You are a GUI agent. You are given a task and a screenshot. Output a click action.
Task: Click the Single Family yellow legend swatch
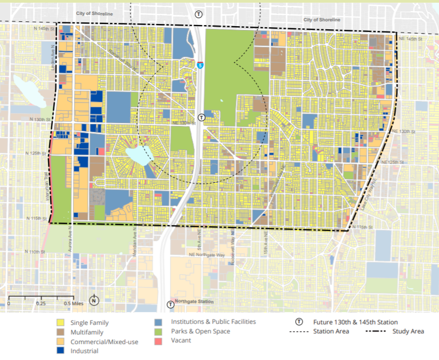(61, 323)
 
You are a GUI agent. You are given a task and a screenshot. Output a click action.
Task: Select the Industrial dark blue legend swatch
(61, 351)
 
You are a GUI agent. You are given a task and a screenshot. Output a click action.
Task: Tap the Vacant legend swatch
(158, 341)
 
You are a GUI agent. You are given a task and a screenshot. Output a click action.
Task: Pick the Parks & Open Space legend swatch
(158, 332)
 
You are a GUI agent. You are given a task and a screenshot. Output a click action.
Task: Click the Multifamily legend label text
(86, 332)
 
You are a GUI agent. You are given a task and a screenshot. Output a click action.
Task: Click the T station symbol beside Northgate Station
(170, 305)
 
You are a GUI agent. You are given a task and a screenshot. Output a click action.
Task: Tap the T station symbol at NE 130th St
(201, 117)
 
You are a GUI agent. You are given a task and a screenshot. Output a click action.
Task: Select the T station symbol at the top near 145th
(199, 13)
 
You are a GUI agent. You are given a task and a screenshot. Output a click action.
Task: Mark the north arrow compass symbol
(94, 300)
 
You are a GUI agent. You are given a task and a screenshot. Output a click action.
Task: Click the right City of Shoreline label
(322, 20)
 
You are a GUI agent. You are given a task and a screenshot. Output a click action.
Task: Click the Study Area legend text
(409, 331)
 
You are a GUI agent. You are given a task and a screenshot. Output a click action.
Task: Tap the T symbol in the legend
(299, 322)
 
